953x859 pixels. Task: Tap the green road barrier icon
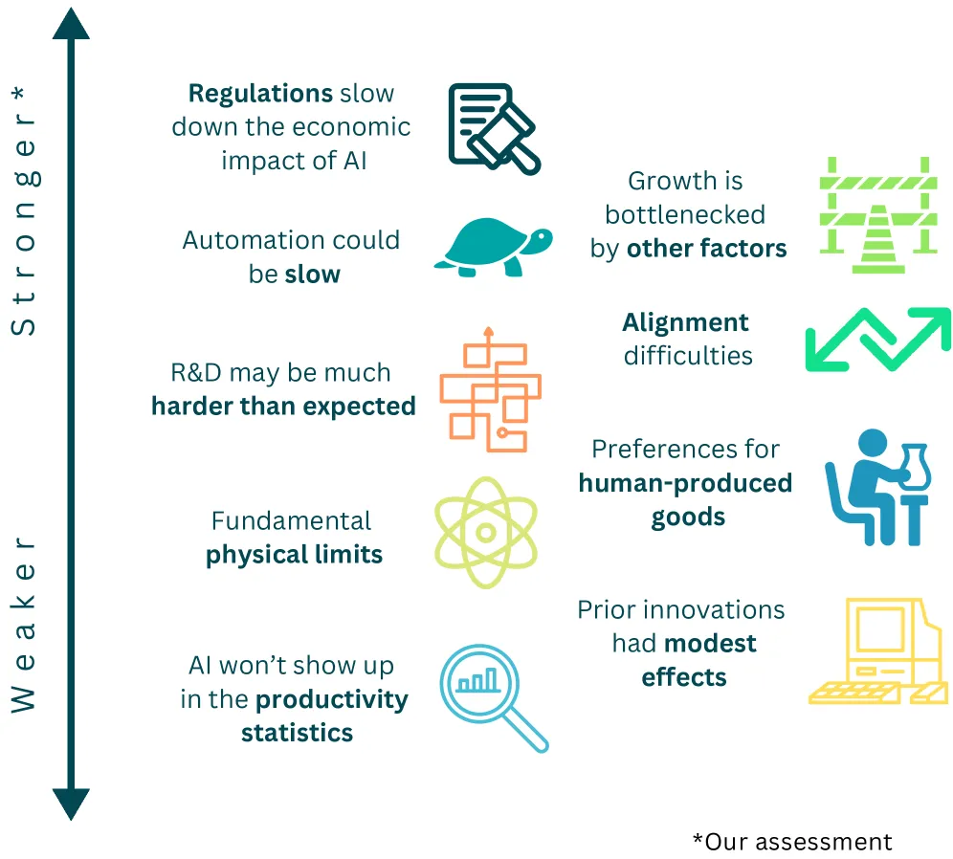(x=875, y=216)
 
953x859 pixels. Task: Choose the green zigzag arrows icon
(x=877, y=339)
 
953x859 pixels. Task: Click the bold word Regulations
(x=260, y=94)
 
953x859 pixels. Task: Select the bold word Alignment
(x=685, y=322)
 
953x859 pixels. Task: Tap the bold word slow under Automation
(x=313, y=275)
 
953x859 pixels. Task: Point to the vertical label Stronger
(x=25, y=210)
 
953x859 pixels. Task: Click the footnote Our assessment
(x=792, y=841)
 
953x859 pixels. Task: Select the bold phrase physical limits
(x=294, y=555)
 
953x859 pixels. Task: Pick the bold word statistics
(x=297, y=734)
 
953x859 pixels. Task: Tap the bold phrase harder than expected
(x=283, y=407)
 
